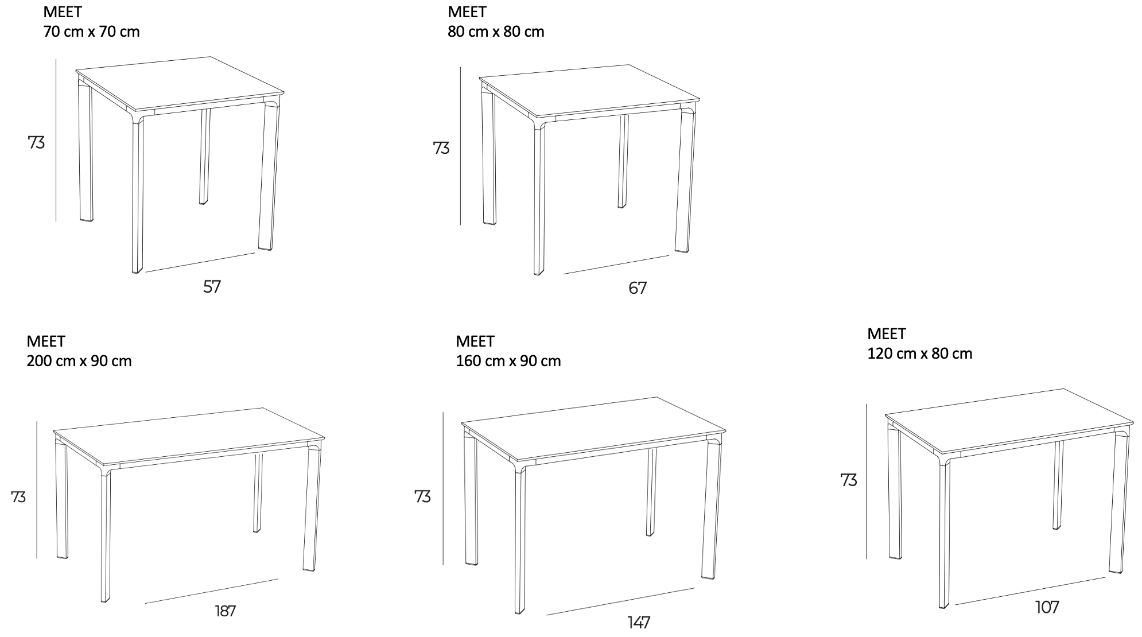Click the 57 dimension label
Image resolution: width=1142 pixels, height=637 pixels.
click(212, 286)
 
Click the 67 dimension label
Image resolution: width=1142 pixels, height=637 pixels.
click(638, 288)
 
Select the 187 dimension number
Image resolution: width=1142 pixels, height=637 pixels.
click(226, 611)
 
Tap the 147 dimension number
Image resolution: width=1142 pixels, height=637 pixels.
click(639, 622)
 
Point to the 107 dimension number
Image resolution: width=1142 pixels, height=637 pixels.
click(1047, 607)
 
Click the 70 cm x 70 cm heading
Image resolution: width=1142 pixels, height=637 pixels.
click(92, 32)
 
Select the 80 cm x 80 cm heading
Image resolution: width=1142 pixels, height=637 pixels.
click(496, 32)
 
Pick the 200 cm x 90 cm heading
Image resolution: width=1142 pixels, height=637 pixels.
click(79, 361)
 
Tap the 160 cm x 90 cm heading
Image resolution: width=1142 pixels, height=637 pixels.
click(508, 361)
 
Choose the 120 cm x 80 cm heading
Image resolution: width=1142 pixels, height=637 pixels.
click(920, 354)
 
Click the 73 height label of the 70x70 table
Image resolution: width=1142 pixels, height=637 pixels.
click(36, 142)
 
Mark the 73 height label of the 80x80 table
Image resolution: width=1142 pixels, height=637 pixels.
click(441, 148)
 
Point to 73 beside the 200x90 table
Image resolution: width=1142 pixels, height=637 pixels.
click(18, 497)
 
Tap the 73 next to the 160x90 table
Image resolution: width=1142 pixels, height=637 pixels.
click(422, 496)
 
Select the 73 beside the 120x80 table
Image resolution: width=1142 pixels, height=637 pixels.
click(849, 480)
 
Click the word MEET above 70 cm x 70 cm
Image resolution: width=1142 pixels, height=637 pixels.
click(63, 12)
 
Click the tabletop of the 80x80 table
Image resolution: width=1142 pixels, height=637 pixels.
click(590, 91)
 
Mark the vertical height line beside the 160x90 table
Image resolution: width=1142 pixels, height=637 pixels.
click(443, 488)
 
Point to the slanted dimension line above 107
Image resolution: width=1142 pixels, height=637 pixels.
click(1030, 591)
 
